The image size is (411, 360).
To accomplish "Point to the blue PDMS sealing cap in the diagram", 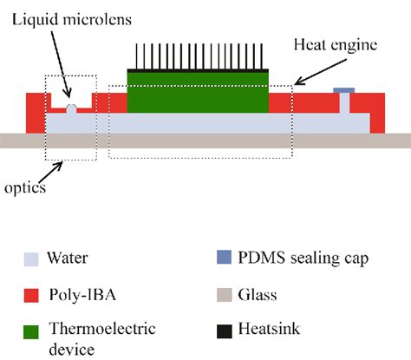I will (344, 89).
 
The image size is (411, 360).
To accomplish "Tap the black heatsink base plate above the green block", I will (198, 69).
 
